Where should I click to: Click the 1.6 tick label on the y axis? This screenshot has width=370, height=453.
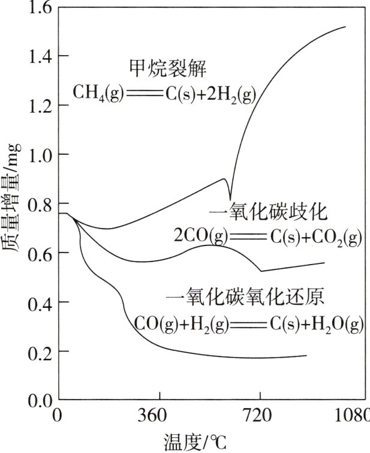[x=40, y=8]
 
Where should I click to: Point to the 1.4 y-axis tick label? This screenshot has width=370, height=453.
[x=40, y=56]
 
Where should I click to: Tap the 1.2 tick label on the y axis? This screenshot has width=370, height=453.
[x=40, y=106]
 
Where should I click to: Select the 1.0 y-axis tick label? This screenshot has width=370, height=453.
[x=40, y=155]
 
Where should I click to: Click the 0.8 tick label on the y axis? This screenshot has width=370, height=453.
[x=40, y=204]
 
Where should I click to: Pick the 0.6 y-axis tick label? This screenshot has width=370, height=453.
[x=40, y=253]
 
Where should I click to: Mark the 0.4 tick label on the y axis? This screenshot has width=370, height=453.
[x=40, y=302]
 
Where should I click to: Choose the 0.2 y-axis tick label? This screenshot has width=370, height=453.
[x=40, y=352]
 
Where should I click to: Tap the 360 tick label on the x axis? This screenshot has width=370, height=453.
[x=160, y=416]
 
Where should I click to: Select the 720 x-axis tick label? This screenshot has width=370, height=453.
[x=260, y=416]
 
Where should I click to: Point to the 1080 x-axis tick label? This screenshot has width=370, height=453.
[x=354, y=416]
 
